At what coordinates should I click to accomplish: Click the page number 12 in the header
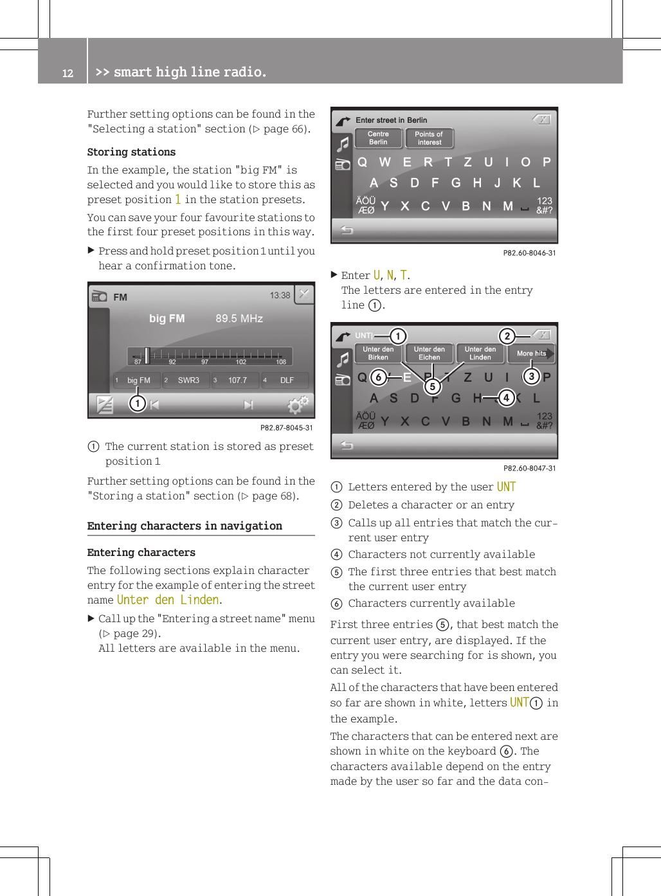68,73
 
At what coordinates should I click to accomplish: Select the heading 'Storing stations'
131,152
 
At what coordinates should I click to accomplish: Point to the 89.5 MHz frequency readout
239,319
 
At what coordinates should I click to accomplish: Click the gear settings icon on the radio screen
298,405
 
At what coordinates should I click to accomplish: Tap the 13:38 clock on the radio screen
280,296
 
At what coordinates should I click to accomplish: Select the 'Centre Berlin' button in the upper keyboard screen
378,138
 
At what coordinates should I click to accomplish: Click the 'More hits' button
531,354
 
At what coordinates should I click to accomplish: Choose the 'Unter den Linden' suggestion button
480,354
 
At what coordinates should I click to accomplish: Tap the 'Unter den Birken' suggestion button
378,354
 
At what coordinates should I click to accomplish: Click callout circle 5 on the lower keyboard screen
433,386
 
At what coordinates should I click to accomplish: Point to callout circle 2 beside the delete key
507,336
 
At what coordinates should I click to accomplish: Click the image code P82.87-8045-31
286,428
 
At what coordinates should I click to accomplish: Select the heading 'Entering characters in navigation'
185,526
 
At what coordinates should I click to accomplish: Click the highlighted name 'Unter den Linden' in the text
168,600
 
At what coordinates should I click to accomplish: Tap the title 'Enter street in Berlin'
391,120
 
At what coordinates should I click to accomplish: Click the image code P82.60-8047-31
529,469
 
